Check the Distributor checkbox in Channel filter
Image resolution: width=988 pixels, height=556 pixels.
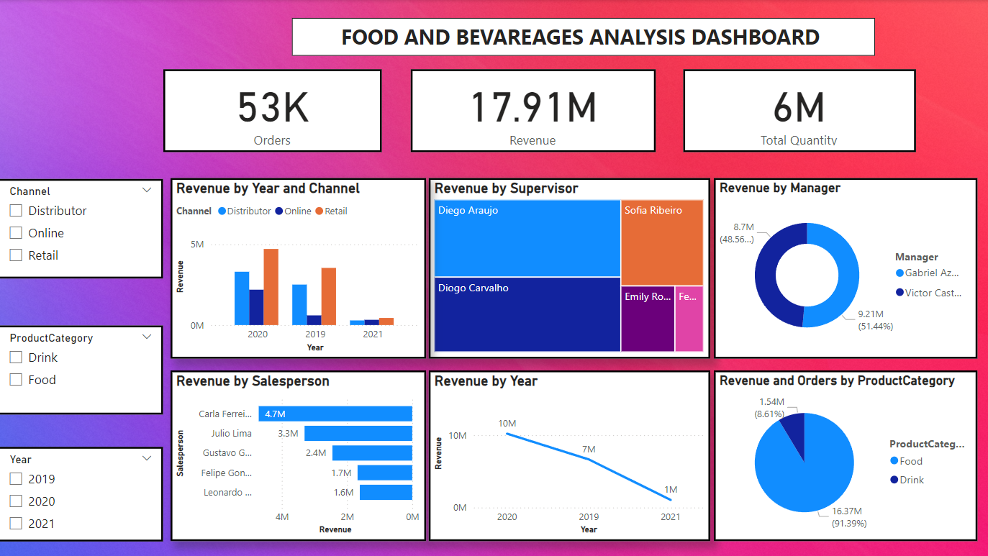pyautogui.click(x=16, y=211)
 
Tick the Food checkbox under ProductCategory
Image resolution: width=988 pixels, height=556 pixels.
pyautogui.click(x=16, y=380)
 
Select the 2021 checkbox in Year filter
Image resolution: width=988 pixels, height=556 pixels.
pyautogui.click(x=16, y=524)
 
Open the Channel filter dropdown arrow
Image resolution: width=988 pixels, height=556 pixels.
pyautogui.click(x=147, y=191)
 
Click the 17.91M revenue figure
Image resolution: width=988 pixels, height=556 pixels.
pyautogui.click(x=532, y=107)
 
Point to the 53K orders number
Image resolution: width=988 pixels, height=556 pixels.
pyautogui.click(x=273, y=107)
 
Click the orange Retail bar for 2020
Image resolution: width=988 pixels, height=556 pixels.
pyautogui.click(x=271, y=286)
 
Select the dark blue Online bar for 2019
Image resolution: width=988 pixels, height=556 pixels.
pyautogui.click(x=314, y=320)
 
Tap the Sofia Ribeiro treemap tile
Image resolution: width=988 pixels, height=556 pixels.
pyautogui.click(x=661, y=243)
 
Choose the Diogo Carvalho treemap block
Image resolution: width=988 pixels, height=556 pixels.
pyautogui.click(x=527, y=314)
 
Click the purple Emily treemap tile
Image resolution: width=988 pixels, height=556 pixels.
pyautogui.click(x=648, y=319)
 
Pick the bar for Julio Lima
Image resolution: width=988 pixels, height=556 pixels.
pyautogui.click(x=358, y=434)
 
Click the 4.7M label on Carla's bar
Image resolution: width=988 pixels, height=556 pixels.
pyautogui.click(x=275, y=414)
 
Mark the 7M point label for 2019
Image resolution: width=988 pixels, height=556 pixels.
pyautogui.click(x=589, y=450)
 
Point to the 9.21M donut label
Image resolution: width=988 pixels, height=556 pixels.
pyautogui.click(x=871, y=314)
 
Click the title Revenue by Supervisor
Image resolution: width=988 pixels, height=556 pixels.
pyautogui.click(x=506, y=188)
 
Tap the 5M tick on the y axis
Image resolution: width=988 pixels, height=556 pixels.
pyautogui.click(x=196, y=245)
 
